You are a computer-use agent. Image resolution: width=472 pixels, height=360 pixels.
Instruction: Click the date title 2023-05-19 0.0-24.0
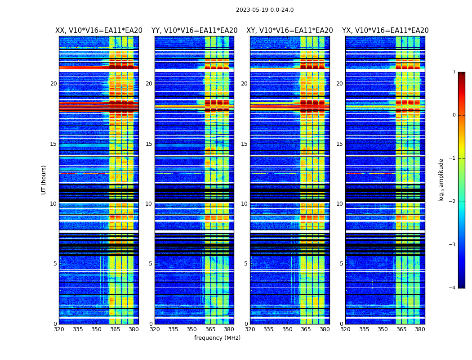[265, 10]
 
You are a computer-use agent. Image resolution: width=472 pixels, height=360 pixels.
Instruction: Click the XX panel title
[99, 31]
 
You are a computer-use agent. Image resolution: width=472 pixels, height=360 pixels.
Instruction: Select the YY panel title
[194, 31]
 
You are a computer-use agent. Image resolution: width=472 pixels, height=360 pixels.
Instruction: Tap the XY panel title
[289, 31]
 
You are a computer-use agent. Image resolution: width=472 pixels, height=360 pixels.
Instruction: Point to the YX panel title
[385, 31]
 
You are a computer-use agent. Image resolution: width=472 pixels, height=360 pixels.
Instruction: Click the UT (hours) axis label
[44, 180]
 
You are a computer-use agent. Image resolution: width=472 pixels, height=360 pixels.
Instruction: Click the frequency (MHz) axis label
[217, 338]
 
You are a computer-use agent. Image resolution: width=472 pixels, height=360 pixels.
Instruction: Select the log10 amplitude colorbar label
[441, 180]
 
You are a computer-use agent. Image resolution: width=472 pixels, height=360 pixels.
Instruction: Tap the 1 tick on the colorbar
[454, 72]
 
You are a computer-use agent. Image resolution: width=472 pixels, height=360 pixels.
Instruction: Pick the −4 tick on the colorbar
[453, 288]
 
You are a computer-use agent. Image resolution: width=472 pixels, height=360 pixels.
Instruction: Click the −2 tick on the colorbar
[453, 202]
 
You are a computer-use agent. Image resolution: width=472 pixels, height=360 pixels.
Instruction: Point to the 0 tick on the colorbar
[454, 115]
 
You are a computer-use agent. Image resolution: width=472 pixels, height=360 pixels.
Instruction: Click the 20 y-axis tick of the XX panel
[53, 84]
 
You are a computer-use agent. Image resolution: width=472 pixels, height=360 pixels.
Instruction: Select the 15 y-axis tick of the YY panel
[149, 144]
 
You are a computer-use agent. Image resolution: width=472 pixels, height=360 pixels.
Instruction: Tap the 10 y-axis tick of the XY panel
[244, 204]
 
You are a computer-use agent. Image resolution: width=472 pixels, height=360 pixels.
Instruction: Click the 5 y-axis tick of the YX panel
[341, 264]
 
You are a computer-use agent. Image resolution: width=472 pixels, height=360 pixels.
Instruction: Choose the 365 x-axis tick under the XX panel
[115, 329]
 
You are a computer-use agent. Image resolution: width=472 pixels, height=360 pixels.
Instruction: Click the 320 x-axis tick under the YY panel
[155, 329]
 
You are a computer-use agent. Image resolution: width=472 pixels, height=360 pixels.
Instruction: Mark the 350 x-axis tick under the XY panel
[287, 329]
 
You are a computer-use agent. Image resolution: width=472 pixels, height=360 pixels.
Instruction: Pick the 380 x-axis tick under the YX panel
[420, 329]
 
